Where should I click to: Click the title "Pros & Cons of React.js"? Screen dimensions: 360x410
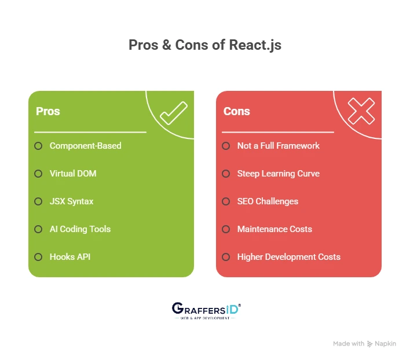205,45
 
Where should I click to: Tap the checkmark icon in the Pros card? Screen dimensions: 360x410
173,113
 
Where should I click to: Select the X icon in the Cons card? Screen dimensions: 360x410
361,111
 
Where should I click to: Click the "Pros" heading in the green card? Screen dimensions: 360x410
48,111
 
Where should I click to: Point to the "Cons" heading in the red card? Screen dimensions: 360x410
236,111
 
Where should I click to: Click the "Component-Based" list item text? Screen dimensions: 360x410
86,146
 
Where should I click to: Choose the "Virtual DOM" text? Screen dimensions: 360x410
73,174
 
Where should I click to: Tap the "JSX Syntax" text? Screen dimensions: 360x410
71,201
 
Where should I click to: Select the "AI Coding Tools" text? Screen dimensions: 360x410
80,229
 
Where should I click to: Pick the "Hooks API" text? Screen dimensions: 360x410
70,257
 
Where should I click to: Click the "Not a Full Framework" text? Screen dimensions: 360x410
278,146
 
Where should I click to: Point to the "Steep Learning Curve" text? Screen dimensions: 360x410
278,174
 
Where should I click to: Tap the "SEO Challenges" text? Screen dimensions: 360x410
268,201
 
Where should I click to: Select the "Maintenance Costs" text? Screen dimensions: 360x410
274,229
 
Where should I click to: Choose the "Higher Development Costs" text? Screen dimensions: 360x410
288,257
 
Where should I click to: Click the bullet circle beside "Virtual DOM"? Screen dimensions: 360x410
38,174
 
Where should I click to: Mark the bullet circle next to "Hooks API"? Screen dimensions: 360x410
38,257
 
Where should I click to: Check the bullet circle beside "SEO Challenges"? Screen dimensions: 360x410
226,201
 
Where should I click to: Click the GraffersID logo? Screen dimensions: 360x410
206,311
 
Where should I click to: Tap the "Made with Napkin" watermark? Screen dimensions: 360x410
364,344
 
